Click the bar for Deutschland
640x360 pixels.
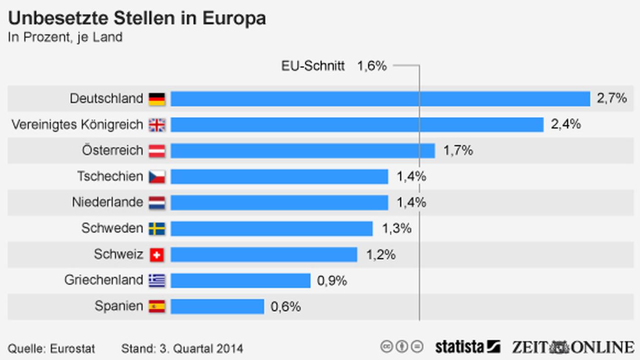click(380, 98)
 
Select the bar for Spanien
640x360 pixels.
click(217, 306)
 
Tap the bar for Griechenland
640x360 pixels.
click(240, 280)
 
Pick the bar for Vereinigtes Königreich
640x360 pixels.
click(357, 125)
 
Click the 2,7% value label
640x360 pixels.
click(612, 98)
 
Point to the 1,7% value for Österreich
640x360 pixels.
click(458, 151)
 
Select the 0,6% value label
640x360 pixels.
click(286, 307)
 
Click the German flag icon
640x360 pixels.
click(157, 99)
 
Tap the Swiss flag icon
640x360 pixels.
click(157, 255)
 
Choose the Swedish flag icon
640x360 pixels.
click(157, 229)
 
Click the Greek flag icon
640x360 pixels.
click(157, 281)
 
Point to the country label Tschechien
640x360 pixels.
click(110, 176)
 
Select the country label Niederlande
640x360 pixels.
click(107, 202)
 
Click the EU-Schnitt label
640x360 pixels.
click(313, 66)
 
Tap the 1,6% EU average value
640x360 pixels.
click(372, 66)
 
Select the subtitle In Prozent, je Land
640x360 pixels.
click(65, 37)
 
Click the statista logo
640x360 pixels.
click(467, 347)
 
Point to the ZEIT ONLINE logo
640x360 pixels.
click(573, 347)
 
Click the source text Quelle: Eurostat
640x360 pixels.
click(51, 349)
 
